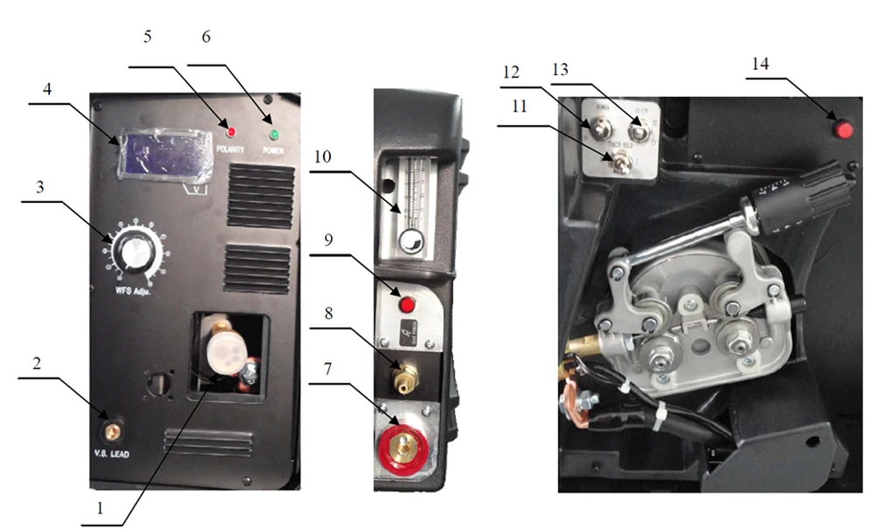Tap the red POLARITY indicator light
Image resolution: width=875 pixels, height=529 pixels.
pyautogui.click(x=231, y=132)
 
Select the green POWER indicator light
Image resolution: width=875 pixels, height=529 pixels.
pyautogui.click(x=273, y=136)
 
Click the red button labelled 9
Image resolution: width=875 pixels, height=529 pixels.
pyautogui.click(x=406, y=305)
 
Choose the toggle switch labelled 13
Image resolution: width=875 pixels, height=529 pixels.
pyautogui.click(x=641, y=133)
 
